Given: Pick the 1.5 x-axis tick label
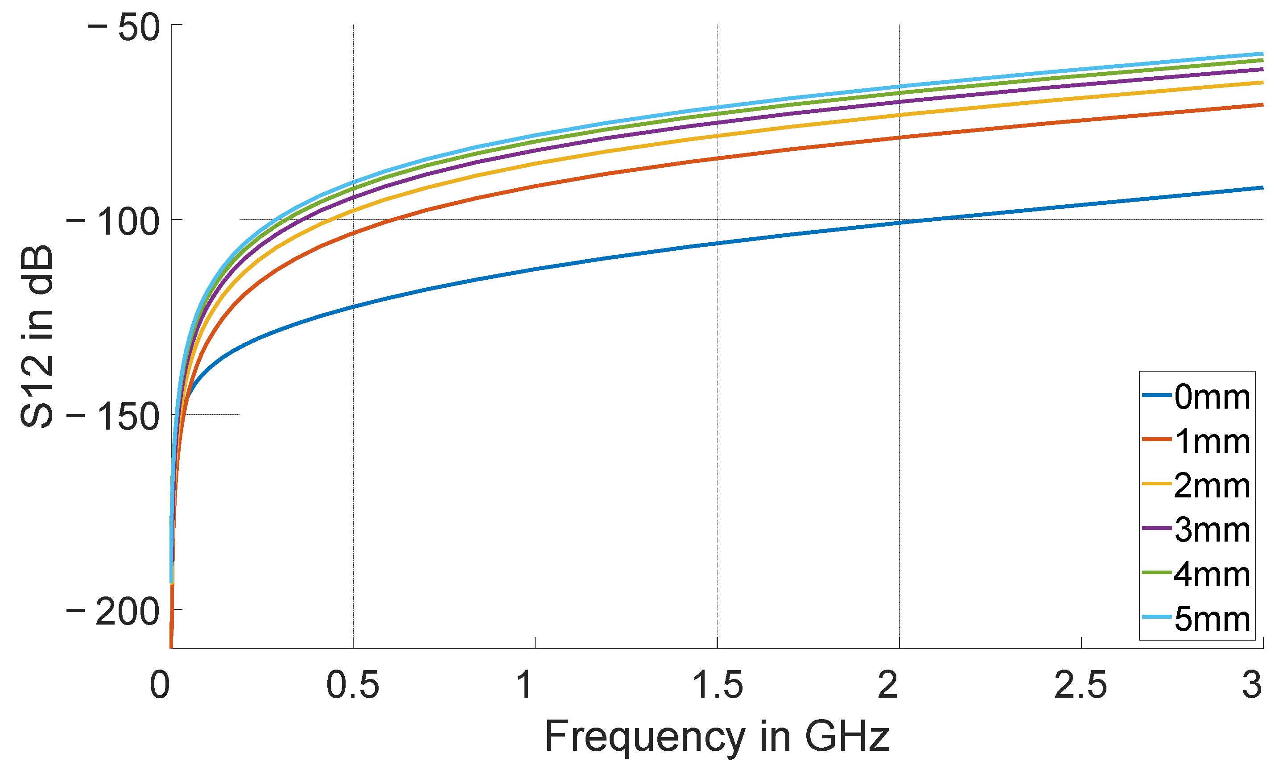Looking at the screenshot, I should tap(717, 686).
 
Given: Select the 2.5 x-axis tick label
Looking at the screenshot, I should tap(1081, 686).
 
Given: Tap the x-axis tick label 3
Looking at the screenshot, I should tap(1252, 686).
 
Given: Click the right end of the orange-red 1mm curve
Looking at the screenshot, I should tap(1262, 105).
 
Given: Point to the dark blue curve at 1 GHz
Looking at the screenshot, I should tap(535, 269).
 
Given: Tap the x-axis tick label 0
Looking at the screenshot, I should tap(159, 686).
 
